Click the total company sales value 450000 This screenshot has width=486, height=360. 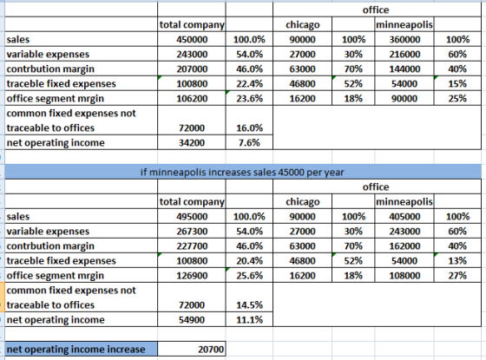pos(192,39)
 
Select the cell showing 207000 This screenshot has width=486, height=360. pos(192,69)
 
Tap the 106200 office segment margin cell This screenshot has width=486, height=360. pos(192,98)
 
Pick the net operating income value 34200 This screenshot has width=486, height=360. pos(192,142)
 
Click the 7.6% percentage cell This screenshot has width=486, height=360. pos(249,142)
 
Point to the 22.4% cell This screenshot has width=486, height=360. pos(249,83)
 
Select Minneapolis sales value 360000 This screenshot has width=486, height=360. pos(404,39)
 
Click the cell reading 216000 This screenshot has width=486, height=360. pos(404,54)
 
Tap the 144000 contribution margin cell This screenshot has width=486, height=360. pos(404,69)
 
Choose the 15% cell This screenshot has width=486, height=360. pos(457,83)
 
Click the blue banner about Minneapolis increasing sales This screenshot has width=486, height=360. pos(243,172)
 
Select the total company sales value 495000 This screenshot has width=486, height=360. pos(192,217)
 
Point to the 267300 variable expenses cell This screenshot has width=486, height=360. pos(192,231)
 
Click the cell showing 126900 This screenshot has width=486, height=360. pos(192,276)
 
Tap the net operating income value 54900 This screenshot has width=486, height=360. pos(192,320)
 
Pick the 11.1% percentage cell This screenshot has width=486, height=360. pos(249,320)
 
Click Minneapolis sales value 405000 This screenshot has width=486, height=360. pos(404,217)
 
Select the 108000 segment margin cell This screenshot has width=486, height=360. pos(404,276)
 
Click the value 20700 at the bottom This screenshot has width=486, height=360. pos(211,349)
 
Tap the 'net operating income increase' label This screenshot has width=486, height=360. pos(76,349)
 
